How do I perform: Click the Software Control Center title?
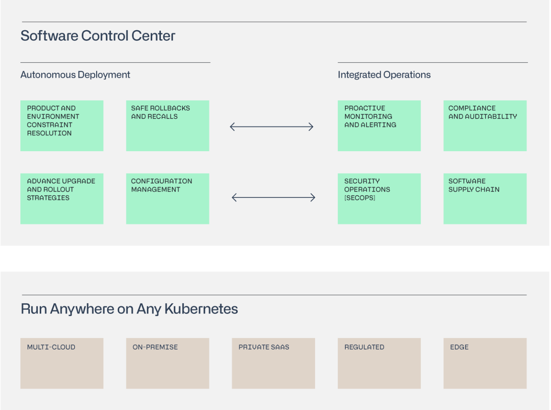pos(98,36)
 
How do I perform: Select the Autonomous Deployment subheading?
pos(75,75)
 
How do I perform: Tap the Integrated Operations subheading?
pos(384,75)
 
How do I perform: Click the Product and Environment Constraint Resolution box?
pos(62,126)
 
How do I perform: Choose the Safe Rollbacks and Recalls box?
pos(167,126)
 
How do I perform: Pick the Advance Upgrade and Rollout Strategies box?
pos(62,199)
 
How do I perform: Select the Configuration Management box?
pos(167,199)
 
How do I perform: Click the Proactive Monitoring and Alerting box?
pos(379,126)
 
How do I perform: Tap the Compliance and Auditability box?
pos(485,126)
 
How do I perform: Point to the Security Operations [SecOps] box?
pos(379,199)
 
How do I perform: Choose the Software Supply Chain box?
pos(485,199)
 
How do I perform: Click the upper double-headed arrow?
pos(272,127)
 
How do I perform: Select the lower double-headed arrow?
pos(274,198)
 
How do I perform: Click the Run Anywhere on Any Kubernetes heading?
pos(129,309)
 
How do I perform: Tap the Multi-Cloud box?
pos(62,363)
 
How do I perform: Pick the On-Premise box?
pos(167,363)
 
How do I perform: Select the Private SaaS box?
pos(273,363)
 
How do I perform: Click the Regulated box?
pos(379,363)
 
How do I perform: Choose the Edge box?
pos(485,363)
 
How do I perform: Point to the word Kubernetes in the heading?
pos(201,309)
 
